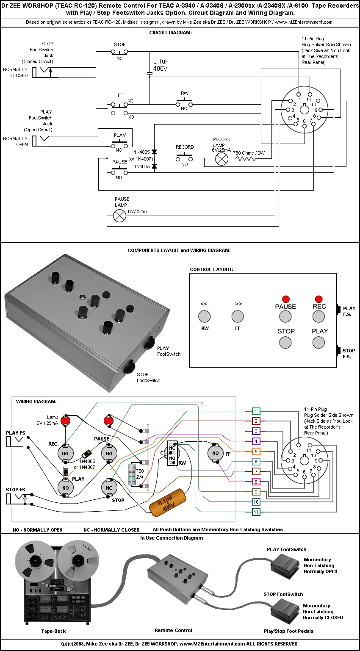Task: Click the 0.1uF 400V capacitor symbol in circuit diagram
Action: tap(150, 73)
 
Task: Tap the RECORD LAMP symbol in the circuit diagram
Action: tap(222, 159)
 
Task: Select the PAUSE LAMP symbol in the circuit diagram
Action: tap(120, 216)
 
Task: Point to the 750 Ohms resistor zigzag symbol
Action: tap(250, 159)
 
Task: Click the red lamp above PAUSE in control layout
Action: tap(286, 299)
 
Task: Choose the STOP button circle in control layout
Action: tap(285, 342)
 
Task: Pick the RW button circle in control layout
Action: tap(205, 316)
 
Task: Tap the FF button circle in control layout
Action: tap(238, 316)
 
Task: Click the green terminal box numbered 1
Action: tap(256, 411)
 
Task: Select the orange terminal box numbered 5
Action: tap(256, 452)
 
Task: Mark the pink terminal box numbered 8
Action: tap(256, 482)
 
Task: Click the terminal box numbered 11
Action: tap(256, 512)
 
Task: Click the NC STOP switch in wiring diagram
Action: tap(109, 488)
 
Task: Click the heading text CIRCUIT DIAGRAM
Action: tap(170, 33)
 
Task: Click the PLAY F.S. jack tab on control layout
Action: tap(339, 309)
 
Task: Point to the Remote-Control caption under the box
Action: tap(173, 630)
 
